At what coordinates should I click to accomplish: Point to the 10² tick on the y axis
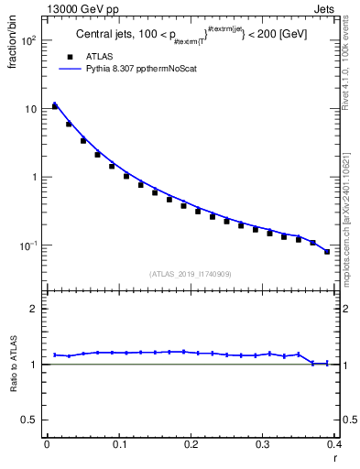pyautogui.click(x=30, y=41)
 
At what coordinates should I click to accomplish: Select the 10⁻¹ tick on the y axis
pyautogui.click(x=29, y=245)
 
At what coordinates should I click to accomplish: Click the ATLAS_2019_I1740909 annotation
pyautogui.click(x=190, y=274)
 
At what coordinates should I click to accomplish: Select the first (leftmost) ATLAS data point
pyautogui.click(x=54, y=106)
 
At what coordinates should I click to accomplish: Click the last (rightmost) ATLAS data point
pyautogui.click(x=327, y=252)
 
